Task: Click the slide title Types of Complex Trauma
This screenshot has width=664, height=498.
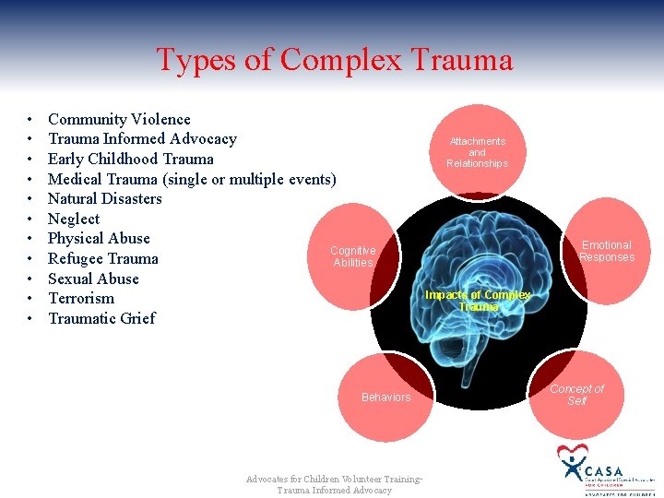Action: pyautogui.click(x=334, y=60)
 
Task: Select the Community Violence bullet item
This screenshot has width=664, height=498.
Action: pyautogui.click(x=119, y=119)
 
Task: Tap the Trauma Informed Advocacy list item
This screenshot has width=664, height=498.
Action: pyautogui.click(x=142, y=139)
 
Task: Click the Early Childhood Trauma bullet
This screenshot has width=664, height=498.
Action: pyautogui.click(x=130, y=159)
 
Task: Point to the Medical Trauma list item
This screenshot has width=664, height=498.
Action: pyautogui.click(x=192, y=179)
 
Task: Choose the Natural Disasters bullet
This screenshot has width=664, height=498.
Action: pyautogui.click(x=104, y=198)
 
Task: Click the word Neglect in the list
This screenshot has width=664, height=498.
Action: pyautogui.click(x=74, y=219)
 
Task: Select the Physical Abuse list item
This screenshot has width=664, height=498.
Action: pyautogui.click(x=99, y=238)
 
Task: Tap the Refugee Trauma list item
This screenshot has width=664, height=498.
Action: pyautogui.click(x=102, y=258)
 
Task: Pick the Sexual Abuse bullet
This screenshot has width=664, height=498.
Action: pyautogui.click(x=93, y=279)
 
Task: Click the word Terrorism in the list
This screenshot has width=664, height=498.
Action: pyautogui.click(x=81, y=298)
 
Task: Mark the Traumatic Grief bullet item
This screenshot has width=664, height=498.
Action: pyautogui.click(x=101, y=318)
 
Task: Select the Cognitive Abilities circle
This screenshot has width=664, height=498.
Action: pyautogui.click(x=353, y=256)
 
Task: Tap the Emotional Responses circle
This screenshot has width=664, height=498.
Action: pyautogui.click(x=606, y=251)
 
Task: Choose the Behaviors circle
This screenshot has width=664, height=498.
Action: pyautogui.click(x=385, y=397)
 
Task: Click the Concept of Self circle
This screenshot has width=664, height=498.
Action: pyautogui.click(x=576, y=395)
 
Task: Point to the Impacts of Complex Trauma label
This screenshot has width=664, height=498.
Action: pyautogui.click(x=478, y=301)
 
